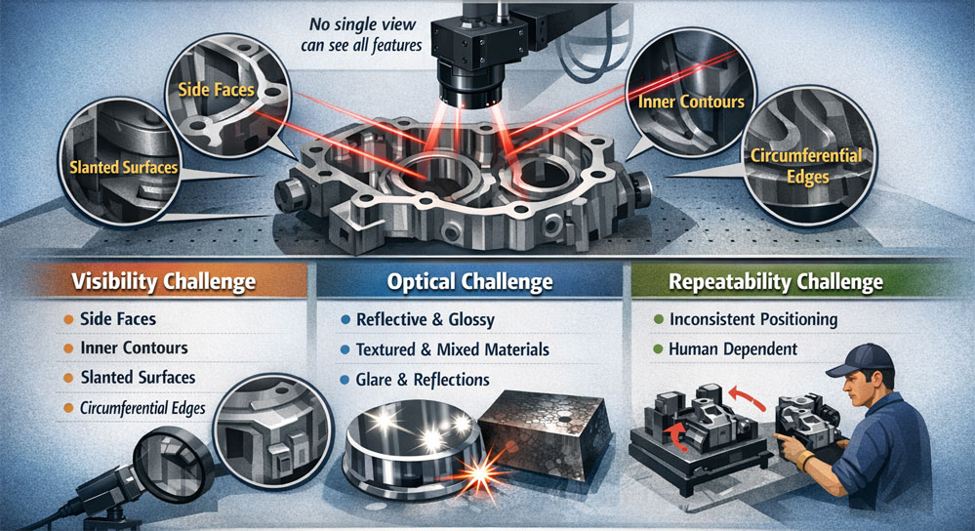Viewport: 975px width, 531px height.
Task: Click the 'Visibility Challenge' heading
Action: [x=164, y=282]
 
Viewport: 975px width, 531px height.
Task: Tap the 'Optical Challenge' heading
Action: [x=469, y=282]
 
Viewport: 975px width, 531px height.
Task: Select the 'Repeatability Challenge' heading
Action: [x=775, y=282]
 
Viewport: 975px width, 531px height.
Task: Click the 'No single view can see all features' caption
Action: [x=362, y=35]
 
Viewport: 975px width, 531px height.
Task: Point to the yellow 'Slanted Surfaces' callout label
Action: [x=124, y=167]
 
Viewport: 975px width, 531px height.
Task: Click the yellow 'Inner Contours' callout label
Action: [x=691, y=102]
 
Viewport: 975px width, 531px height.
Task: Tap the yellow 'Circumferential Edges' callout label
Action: [x=806, y=166]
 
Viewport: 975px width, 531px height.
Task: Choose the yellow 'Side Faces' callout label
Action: [x=216, y=90]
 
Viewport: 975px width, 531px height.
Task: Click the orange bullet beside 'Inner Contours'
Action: [x=68, y=348]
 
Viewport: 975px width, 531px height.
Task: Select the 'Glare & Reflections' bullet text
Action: [x=423, y=380]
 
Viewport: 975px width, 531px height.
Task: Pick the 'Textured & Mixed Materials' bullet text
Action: [x=452, y=349]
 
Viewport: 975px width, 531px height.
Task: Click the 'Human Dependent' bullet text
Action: [x=733, y=349]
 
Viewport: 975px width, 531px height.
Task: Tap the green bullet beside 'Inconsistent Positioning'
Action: [x=659, y=319]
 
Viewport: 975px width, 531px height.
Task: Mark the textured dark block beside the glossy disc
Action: [x=544, y=435]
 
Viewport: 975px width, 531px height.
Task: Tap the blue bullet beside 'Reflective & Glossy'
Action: [x=345, y=320]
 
